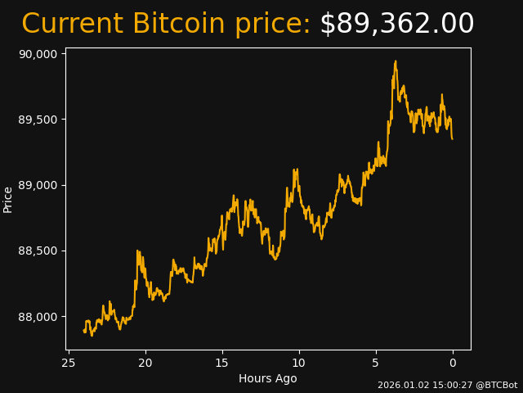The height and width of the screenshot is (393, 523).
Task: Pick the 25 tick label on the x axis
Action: (x=69, y=362)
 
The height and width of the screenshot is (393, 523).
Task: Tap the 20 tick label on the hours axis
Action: (x=145, y=362)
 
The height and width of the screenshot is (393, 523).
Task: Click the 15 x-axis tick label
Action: (x=222, y=362)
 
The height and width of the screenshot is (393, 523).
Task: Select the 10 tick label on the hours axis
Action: (x=299, y=362)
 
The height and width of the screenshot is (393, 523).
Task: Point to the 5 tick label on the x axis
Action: (x=376, y=362)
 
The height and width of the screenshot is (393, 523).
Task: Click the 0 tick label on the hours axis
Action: (x=453, y=362)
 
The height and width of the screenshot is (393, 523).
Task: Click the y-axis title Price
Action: (x=8, y=199)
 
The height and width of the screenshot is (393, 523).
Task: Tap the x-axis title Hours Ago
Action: (x=268, y=378)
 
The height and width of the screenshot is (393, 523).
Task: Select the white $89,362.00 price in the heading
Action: (x=397, y=25)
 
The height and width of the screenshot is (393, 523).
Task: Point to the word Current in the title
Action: (x=73, y=25)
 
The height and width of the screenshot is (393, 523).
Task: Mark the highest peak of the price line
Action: (x=396, y=61)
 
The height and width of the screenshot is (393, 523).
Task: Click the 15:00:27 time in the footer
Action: (x=450, y=385)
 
